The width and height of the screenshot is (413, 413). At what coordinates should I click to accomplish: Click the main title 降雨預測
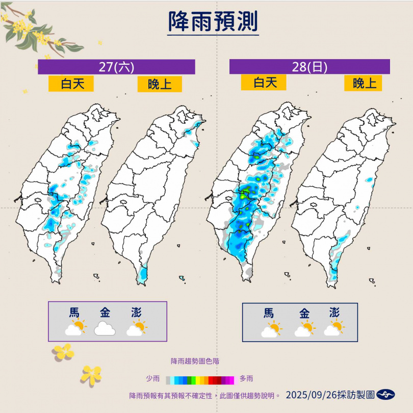point(213,22)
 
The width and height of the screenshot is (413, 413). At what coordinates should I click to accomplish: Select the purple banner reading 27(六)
point(116,67)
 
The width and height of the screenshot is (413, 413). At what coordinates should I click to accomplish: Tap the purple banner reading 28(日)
point(309,67)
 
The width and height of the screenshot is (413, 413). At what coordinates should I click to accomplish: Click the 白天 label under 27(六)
point(71,84)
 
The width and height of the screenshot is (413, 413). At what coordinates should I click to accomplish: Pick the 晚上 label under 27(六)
point(160,84)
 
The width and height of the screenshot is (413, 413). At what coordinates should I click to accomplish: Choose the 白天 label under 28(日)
point(264,82)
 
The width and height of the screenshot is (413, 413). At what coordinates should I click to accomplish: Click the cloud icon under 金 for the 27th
point(105,329)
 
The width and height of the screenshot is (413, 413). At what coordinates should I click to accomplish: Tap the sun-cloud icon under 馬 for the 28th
point(270,329)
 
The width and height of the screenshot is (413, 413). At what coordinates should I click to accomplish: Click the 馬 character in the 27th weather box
point(74,313)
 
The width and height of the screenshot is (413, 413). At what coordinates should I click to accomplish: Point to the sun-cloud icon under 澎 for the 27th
point(136,329)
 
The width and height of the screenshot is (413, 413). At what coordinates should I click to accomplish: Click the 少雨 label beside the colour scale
point(153,379)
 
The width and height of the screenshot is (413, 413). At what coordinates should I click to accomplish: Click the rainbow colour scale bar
point(199,379)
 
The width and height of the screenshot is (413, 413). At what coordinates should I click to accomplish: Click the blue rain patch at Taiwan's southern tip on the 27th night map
point(141,276)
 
